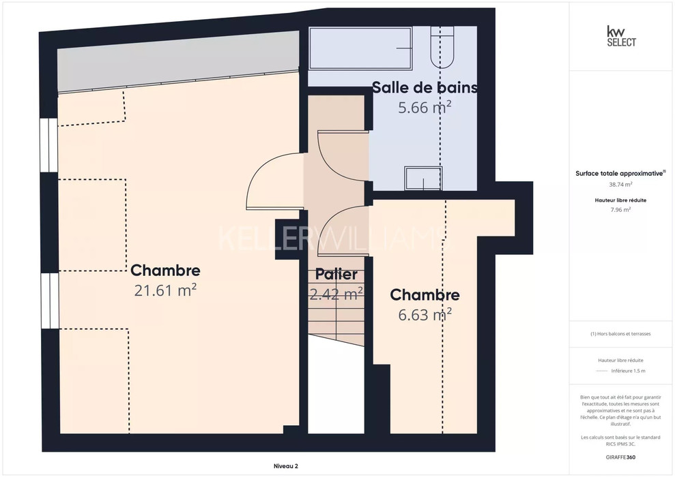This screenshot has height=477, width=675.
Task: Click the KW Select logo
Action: (x=621, y=36)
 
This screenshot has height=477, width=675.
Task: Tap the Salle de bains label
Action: (x=425, y=87)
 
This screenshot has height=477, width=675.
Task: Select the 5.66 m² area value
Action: (x=425, y=107)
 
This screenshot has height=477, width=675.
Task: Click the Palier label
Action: (x=336, y=274)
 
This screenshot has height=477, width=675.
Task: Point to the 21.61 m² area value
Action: (x=165, y=290)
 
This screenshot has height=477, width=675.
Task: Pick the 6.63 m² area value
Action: (x=425, y=315)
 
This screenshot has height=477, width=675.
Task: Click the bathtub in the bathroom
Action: (x=360, y=48)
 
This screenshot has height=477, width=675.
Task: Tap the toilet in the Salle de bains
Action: (x=442, y=47)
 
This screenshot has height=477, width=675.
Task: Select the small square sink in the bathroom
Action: (x=423, y=179)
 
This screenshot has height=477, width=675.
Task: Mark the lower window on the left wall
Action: (x=50, y=301)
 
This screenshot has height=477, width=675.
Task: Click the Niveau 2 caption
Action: (x=286, y=466)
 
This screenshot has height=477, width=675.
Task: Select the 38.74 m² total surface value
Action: (x=620, y=185)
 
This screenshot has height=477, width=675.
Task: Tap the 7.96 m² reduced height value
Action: (x=620, y=210)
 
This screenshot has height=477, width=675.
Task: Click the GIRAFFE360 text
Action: (x=620, y=457)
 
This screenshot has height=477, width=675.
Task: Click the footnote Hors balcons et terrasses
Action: (x=620, y=334)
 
